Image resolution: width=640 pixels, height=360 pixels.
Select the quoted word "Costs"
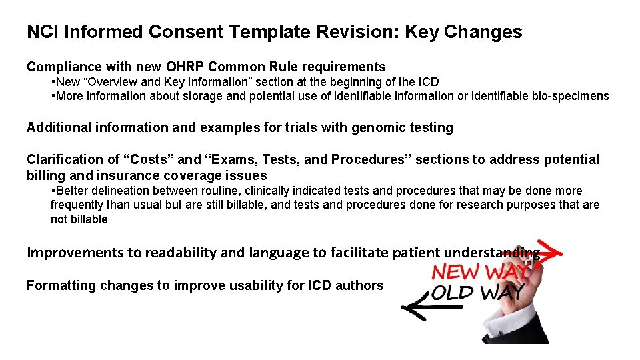[x=147, y=159]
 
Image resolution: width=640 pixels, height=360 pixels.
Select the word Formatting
[x=61, y=285]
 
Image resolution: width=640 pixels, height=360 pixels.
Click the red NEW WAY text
[x=480, y=273]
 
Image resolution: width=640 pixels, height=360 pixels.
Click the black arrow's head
[x=408, y=308]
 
